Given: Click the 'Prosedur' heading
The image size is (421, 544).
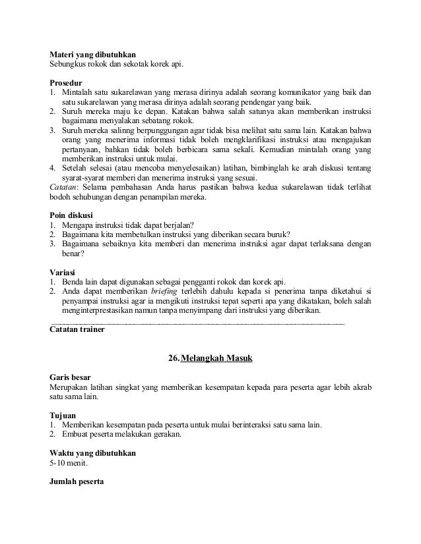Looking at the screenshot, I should pyautogui.click(x=66, y=83).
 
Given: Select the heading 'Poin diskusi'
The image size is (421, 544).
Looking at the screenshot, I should pyautogui.click(x=72, y=214).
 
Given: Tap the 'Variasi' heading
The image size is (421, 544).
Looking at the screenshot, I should pyautogui.click(x=63, y=272).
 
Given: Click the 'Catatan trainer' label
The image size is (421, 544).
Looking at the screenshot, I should pyautogui.click(x=77, y=329).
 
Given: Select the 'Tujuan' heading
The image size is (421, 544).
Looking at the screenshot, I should pyautogui.click(x=62, y=416).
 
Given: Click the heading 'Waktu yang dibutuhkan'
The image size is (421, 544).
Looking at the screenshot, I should pyautogui.click(x=92, y=454).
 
